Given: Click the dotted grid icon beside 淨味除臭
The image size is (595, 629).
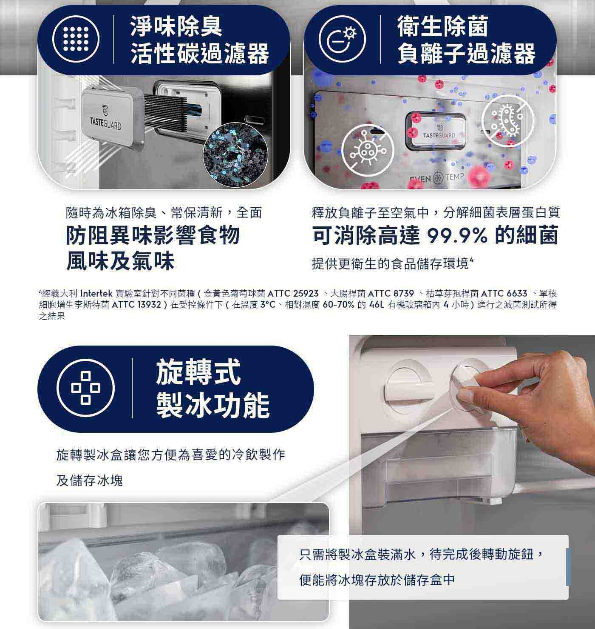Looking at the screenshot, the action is [76, 39].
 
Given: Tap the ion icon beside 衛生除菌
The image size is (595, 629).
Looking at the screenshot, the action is [343, 39].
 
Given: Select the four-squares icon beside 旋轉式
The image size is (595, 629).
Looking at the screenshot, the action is [85, 388].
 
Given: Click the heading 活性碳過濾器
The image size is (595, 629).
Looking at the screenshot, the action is [200, 53].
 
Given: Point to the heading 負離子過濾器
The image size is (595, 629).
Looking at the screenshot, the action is [466, 53].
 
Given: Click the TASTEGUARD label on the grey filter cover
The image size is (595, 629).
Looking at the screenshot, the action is [106, 123].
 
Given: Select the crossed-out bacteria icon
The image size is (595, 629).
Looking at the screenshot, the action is [508, 121].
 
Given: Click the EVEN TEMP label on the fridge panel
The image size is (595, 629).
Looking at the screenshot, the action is [437, 177].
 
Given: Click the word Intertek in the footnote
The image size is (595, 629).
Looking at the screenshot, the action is [96, 293].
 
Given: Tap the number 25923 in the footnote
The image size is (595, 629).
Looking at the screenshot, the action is [306, 293].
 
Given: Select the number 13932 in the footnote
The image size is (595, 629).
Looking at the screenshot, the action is [149, 305].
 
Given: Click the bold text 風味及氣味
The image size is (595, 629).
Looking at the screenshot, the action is [120, 261].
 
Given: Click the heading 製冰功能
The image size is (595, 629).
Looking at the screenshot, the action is [213, 406].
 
